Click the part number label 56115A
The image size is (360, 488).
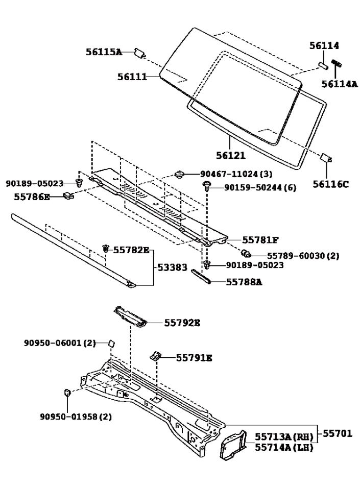tap(104, 52)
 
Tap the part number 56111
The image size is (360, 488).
tap(132, 77)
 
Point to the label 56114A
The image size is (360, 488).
tap(340, 84)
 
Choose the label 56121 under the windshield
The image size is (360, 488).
tap(230, 156)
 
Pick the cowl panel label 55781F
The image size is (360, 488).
tap(260, 239)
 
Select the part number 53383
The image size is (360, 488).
tap(172, 267)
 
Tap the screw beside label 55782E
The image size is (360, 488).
tap(106, 249)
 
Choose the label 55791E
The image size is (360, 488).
tap(194, 358)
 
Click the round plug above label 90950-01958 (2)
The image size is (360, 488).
tap(67, 393)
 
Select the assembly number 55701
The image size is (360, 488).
tap(337, 434)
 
